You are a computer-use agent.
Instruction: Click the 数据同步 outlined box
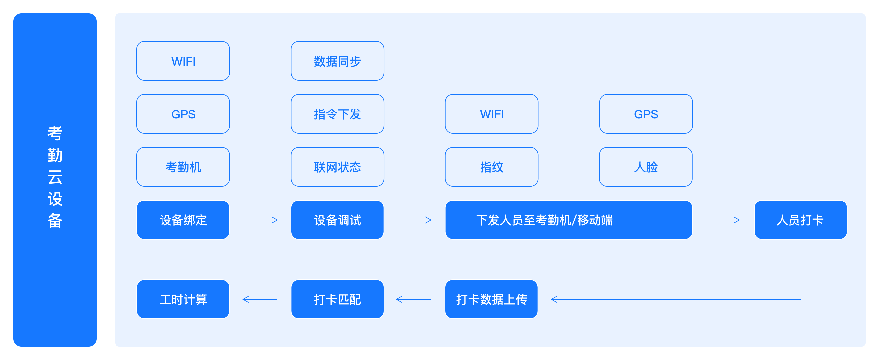point(337,61)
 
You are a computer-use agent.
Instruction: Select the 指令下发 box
point(337,114)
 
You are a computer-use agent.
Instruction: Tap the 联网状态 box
point(337,167)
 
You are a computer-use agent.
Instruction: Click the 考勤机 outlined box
point(183,167)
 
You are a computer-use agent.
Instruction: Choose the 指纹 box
point(491,167)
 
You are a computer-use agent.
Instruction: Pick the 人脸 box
point(646,167)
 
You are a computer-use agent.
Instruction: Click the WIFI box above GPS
point(183,61)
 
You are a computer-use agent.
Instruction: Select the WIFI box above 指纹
point(491,114)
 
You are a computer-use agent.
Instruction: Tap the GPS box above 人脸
point(646,114)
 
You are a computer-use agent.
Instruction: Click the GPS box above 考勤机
point(183,114)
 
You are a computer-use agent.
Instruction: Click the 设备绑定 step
point(183,220)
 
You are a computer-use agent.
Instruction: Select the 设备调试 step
point(337,220)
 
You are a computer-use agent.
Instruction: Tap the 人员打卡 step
point(800,220)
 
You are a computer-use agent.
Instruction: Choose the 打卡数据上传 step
point(491,299)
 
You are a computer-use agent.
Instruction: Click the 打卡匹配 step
point(337,299)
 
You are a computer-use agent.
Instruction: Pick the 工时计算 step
point(183,299)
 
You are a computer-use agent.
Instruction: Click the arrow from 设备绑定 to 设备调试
point(260,220)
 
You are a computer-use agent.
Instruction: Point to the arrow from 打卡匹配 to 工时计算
point(260,299)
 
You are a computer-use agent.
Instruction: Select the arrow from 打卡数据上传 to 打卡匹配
point(414,299)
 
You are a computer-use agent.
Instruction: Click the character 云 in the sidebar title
point(55,177)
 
